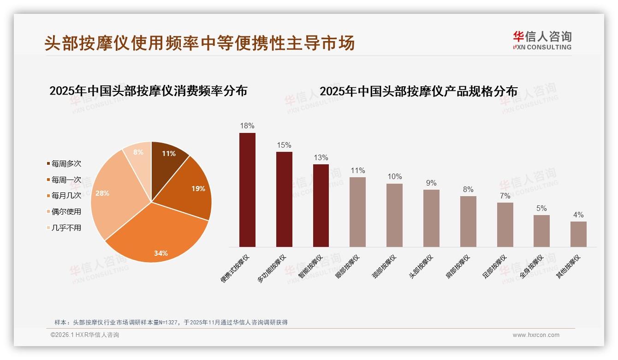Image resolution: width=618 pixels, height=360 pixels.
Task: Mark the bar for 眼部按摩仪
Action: pos(357,212)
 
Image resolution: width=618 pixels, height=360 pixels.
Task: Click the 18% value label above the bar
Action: pos(247,126)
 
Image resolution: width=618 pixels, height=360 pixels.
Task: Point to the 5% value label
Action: pos(541,208)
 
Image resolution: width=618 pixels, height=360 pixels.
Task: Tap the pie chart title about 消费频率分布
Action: pos(148,91)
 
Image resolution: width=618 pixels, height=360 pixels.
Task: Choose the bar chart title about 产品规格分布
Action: pos(418,91)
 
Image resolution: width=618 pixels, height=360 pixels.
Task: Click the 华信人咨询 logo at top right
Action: pos(542,40)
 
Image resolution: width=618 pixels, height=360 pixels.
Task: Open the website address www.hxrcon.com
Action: pos(536,335)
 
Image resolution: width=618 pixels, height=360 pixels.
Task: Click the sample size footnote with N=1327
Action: pos(171,322)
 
